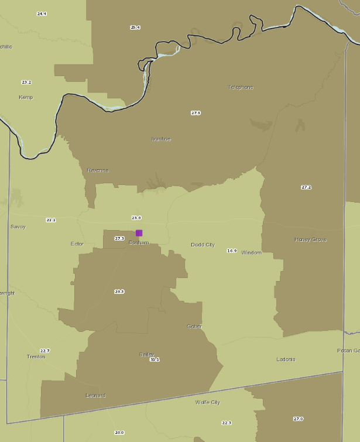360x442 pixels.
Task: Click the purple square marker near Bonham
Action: (x=139, y=233)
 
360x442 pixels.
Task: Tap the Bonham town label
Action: (x=139, y=242)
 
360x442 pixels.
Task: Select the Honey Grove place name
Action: (x=310, y=240)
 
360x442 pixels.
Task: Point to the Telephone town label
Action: (x=241, y=87)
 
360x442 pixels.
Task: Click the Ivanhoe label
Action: (x=161, y=139)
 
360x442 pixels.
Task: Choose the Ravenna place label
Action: (x=98, y=170)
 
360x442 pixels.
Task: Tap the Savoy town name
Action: (x=18, y=227)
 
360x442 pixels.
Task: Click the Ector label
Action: (x=77, y=244)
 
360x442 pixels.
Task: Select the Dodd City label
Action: (x=203, y=245)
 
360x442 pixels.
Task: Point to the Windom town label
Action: (x=252, y=252)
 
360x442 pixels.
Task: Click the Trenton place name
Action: (x=36, y=357)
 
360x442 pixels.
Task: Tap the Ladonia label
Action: (x=286, y=359)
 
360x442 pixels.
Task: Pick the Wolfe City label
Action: (x=207, y=402)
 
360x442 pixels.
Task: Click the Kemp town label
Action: (x=26, y=97)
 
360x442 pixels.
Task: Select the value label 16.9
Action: (x=232, y=251)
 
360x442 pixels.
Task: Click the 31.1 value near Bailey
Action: (x=155, y=359)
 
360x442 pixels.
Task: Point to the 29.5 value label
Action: (x=119, y=292)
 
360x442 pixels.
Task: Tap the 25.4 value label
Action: (x=135, y=28)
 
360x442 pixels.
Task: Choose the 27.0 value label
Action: (x=299, y=419)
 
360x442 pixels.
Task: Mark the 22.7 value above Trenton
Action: (x=45, y=351)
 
